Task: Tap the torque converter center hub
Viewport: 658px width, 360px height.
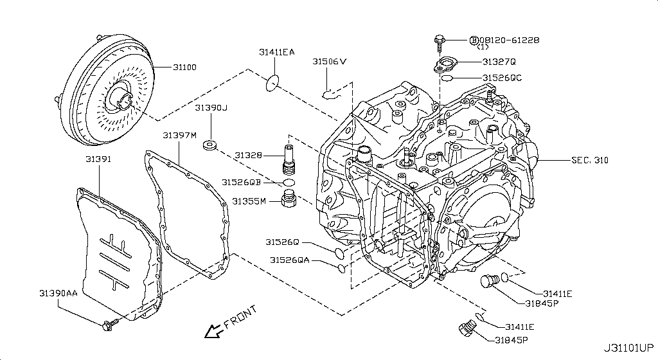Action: pos(120,100)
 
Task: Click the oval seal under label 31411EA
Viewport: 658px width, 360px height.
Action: pos(273,82)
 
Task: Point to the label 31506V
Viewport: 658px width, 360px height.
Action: pos(330,62)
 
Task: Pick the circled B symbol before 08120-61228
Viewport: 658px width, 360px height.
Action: pos(474,40)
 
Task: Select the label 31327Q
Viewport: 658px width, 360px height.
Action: pos(499,62)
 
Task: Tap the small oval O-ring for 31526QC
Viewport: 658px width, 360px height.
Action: pos(448,78)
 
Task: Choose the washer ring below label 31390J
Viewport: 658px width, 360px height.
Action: pos(209,145)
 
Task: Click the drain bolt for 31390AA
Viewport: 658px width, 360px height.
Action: pos(108,323)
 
